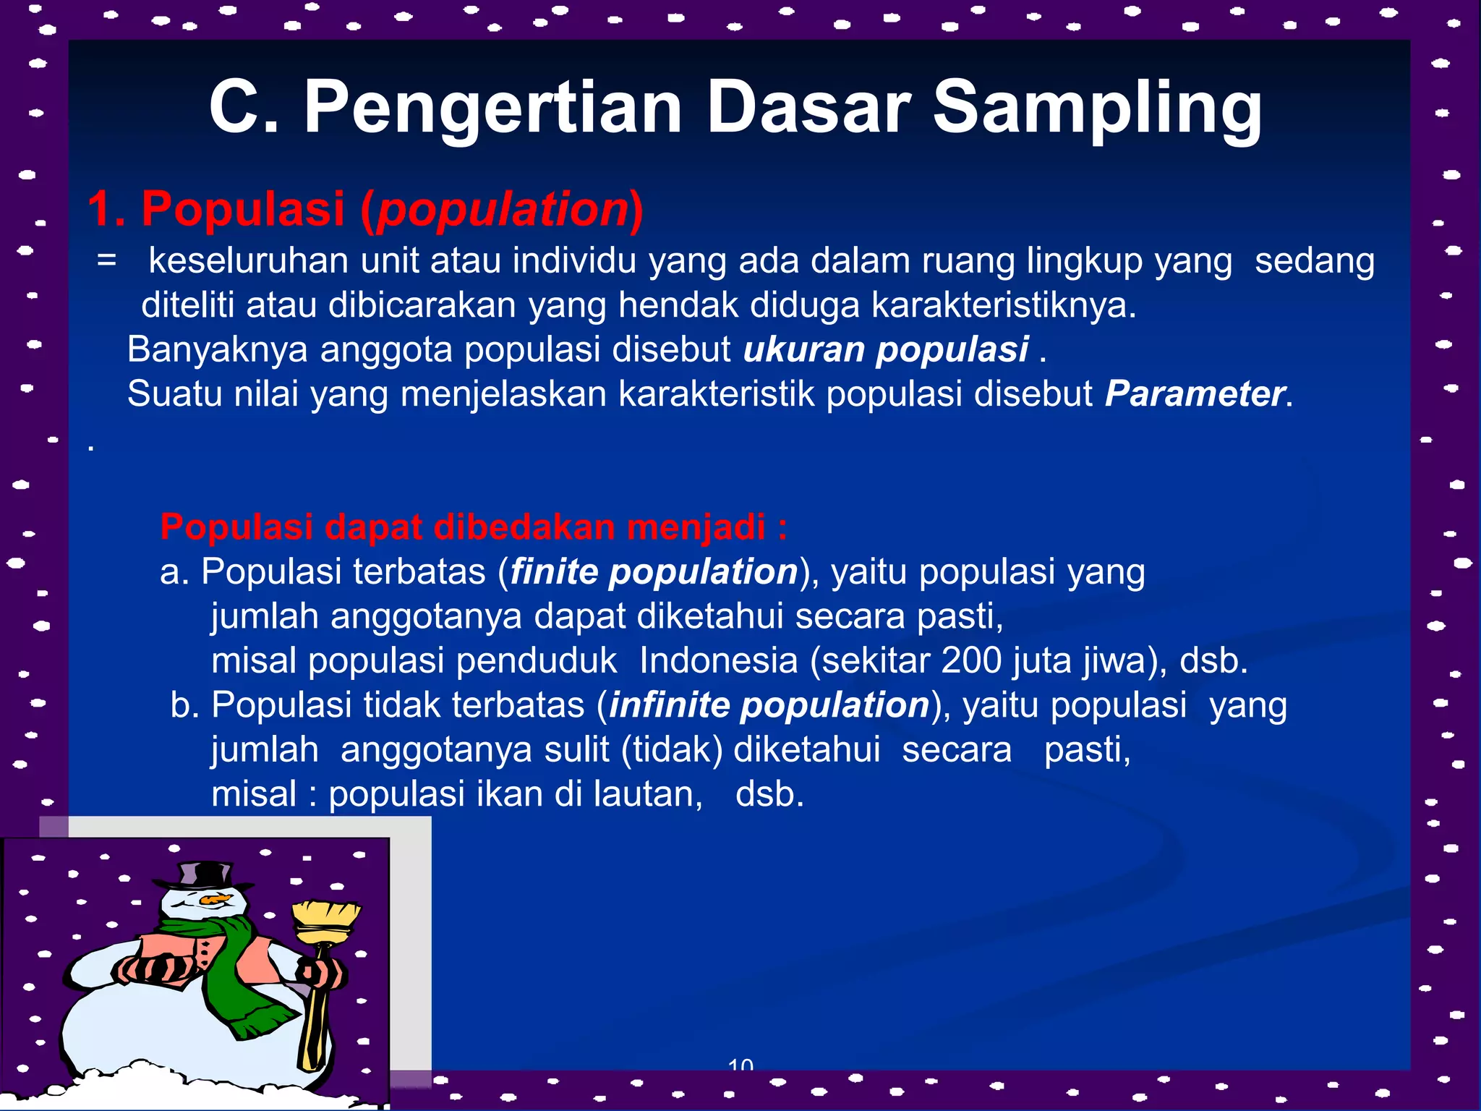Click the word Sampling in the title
click(x=1097, y=108)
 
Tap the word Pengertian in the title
click(x=492, y=108)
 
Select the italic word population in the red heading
click(x=503, y=210)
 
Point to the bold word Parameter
click(x=1195, y=394)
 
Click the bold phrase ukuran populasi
click(x=886, y=349)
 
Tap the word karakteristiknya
click(x=1004, y=305)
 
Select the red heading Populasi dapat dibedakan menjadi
click(x=474, y=527)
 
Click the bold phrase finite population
click(x=654, y=572)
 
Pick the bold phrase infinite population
click(x=769, y=705)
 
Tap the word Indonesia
click(x=718, y=660)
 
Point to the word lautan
click(x=648, y=794)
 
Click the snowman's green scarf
click(x=239, y=969)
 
